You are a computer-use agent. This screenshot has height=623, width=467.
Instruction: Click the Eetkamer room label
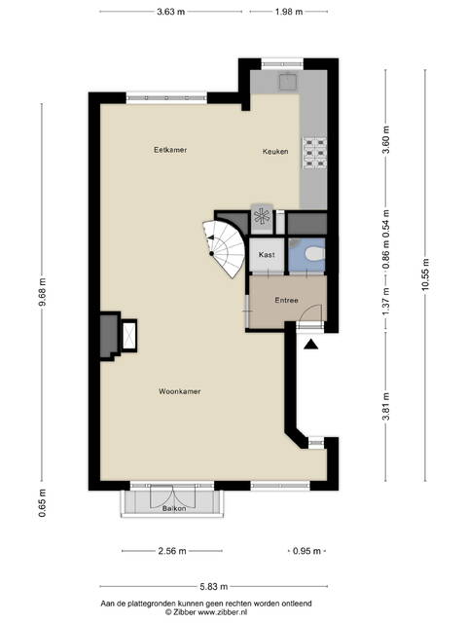170,150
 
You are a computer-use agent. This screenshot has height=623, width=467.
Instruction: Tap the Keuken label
275,152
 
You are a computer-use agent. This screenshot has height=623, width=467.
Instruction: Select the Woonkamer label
179,391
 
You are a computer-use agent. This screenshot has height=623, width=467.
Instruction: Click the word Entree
286,300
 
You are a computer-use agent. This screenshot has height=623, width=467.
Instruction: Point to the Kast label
267,254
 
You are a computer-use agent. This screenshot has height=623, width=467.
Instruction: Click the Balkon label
174,508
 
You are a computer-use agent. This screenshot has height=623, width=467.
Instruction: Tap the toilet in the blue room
315,254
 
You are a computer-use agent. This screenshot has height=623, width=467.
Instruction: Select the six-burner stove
315,153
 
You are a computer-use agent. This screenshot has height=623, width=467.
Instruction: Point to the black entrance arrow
311,345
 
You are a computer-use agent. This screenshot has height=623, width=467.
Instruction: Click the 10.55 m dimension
425,275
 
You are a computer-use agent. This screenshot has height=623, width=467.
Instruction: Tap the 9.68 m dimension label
43,292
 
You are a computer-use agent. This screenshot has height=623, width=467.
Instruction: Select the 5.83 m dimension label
214,586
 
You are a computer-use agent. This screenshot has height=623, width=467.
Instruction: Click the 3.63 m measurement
171,12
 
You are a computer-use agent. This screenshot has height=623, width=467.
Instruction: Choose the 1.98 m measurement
289,12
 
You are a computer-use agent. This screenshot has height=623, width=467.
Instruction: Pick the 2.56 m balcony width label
172,551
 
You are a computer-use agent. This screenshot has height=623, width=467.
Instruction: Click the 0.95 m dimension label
306,551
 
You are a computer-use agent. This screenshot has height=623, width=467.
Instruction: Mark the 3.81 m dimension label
386,406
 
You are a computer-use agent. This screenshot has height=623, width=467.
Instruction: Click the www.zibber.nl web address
222,612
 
